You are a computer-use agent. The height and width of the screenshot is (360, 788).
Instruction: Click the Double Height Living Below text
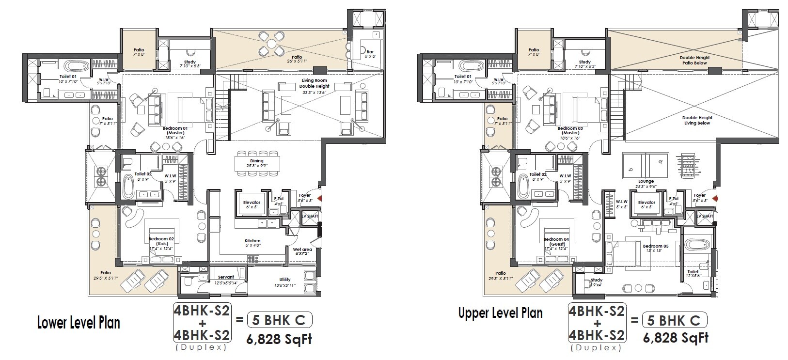click(x=697, y=120)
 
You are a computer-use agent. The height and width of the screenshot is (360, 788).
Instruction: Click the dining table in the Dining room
click(x=257, y=161)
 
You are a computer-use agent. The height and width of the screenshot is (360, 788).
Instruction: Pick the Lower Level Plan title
click(x=79, y=323)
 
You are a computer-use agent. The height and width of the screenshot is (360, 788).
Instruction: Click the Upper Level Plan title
click(x=500, y=313)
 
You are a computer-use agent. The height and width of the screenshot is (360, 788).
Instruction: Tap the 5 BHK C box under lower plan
click(x=280, y=320)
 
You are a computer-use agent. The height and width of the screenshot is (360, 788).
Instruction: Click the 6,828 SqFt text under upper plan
click(x=676, y=338)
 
